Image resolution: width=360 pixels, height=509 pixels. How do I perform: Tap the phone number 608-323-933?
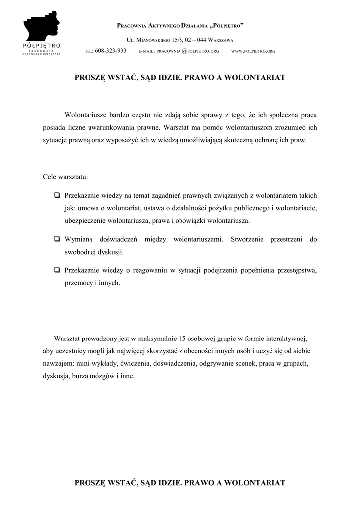[110, 51]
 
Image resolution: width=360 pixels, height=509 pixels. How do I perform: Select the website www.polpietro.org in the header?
[254, 51]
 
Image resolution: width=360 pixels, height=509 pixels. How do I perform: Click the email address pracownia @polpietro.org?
[179, 51]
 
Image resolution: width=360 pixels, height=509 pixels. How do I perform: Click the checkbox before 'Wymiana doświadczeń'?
[57, 239]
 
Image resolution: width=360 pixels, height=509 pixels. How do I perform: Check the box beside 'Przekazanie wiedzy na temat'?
[57, 195]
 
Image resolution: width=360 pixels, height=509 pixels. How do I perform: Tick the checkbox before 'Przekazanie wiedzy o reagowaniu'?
[57, 270]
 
